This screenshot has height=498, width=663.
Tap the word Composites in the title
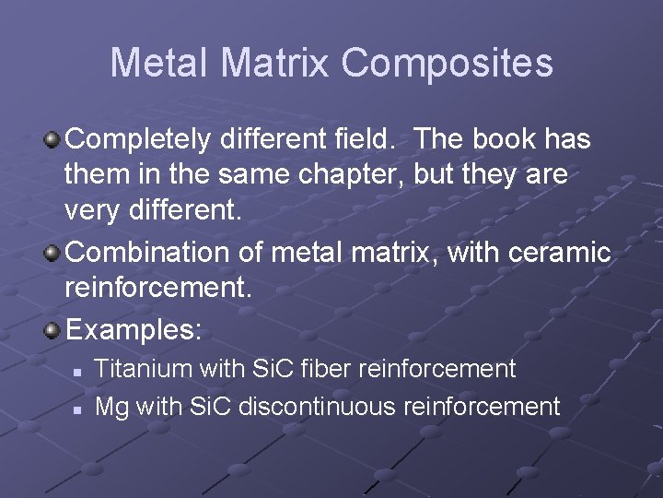(446, 63)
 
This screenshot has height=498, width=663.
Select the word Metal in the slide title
(162, 63)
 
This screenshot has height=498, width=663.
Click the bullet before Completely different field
(53, 140)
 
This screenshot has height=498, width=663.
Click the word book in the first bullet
(503, 140)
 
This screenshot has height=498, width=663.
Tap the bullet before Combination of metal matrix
(53, 252)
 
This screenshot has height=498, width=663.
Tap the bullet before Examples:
(53, 328)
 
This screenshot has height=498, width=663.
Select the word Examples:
(133, 328)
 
